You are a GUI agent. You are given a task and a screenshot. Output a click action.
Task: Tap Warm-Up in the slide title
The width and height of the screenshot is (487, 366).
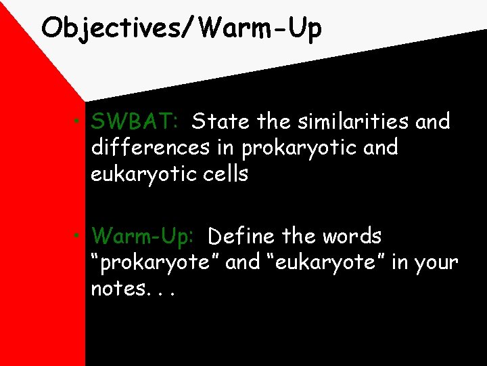pos(260,28)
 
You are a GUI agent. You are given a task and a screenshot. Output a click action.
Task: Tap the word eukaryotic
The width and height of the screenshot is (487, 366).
pos(139,174)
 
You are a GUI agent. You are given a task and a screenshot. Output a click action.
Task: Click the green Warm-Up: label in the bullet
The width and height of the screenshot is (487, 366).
pos(143,237)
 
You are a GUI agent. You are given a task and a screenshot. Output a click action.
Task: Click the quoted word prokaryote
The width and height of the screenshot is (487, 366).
pos(155,262)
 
